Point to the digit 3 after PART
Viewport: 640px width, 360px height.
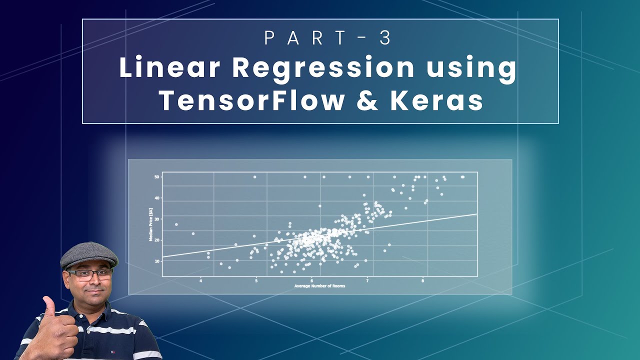click(385, 38)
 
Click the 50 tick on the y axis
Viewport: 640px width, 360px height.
click(157, 177)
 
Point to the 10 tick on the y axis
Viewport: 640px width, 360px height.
click(157, 261)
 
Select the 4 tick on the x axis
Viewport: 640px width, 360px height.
click(201, 280)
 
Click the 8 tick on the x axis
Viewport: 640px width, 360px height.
click(423, 280)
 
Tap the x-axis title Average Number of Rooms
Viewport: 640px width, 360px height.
click(320, 286)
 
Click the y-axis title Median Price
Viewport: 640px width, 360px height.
click(150, 224)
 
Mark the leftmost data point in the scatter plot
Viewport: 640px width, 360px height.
click(176, 224)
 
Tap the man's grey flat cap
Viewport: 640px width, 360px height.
click(89, 254)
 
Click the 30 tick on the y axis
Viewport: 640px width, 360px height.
click(157, 219)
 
